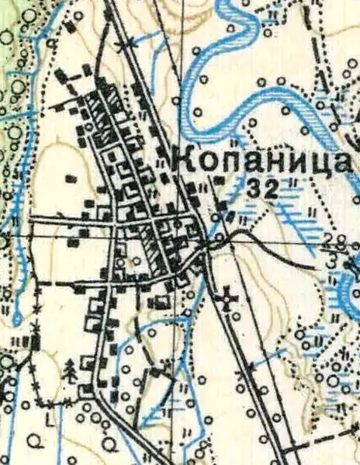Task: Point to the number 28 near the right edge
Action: (336, 239)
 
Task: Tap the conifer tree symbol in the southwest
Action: (71, 370)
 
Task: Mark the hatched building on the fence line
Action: (34, 342)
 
